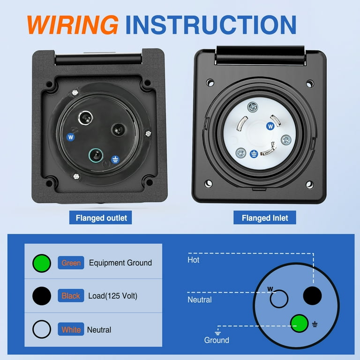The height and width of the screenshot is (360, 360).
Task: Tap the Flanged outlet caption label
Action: point(101,218)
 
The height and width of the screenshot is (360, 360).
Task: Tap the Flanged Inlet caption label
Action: point(265,218)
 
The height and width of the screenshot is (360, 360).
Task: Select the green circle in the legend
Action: point(42,263)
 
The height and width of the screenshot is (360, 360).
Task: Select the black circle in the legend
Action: point(42,296)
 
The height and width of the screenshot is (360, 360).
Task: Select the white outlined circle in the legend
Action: point(42,330)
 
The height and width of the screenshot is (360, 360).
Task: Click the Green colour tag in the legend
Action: point(71,263)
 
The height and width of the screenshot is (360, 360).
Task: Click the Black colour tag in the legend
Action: point(71,296)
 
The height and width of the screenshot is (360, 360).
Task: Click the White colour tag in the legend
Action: point(71,330)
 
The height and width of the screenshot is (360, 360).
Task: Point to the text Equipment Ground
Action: point(120,263)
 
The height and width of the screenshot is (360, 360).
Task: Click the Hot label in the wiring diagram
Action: point(193,260)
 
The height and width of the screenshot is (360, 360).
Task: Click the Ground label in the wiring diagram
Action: point(217,340)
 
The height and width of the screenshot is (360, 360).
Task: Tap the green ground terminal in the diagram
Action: point(300,322)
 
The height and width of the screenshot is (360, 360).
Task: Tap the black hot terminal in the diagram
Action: point(312,296)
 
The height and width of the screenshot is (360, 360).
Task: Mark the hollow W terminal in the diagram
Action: point(279,299)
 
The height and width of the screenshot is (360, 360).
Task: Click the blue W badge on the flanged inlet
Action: point(270,126)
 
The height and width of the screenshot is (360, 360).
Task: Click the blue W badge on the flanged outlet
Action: point(71,137)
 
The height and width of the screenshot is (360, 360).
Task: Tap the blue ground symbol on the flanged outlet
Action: point(115,160)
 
